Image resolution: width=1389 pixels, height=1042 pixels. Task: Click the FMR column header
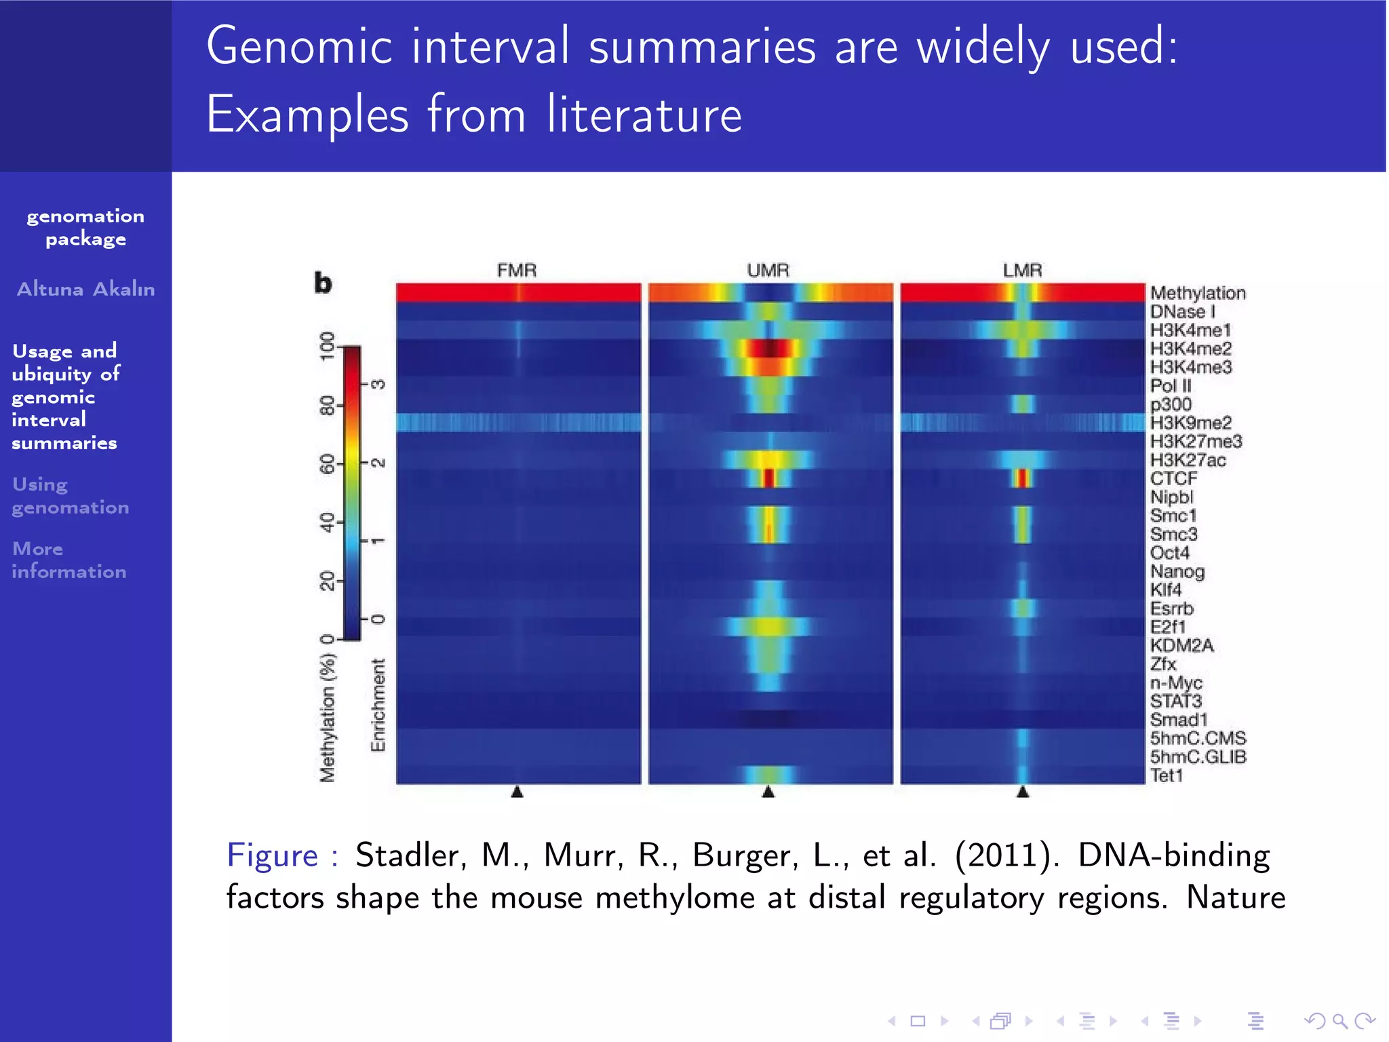[517, 270]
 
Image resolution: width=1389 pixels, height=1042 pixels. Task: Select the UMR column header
[768, 270]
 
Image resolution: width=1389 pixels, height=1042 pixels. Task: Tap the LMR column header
[1022, 270]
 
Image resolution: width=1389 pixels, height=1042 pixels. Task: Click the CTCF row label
[1173, 479]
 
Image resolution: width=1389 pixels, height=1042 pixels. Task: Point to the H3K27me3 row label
[1196, 442]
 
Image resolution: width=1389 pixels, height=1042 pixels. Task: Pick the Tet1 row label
[1167, 775]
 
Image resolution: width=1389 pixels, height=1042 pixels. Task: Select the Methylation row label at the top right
[1198, 293]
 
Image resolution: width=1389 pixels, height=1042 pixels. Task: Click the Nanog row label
[1177, 572]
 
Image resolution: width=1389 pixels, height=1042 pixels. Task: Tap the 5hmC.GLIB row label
[1198, 757]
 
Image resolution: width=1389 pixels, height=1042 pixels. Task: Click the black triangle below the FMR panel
[517, 792]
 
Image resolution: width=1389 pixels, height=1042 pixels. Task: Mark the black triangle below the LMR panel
[1023, 792]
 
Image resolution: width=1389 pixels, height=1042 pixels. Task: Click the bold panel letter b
[323, 283]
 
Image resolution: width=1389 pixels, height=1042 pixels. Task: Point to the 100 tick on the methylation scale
[328, 346]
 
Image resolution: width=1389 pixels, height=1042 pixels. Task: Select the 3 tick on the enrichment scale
[378, 385]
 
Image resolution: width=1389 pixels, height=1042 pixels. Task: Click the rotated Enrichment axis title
[378, 705]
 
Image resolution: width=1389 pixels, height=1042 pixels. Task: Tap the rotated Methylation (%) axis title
[328, 718]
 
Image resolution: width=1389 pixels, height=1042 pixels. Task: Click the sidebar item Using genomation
[70, 496]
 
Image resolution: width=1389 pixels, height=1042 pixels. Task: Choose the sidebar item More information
[69, 560]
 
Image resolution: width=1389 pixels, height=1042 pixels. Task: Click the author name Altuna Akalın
[85, 289]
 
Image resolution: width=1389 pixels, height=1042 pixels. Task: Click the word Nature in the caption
[1235, 898]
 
